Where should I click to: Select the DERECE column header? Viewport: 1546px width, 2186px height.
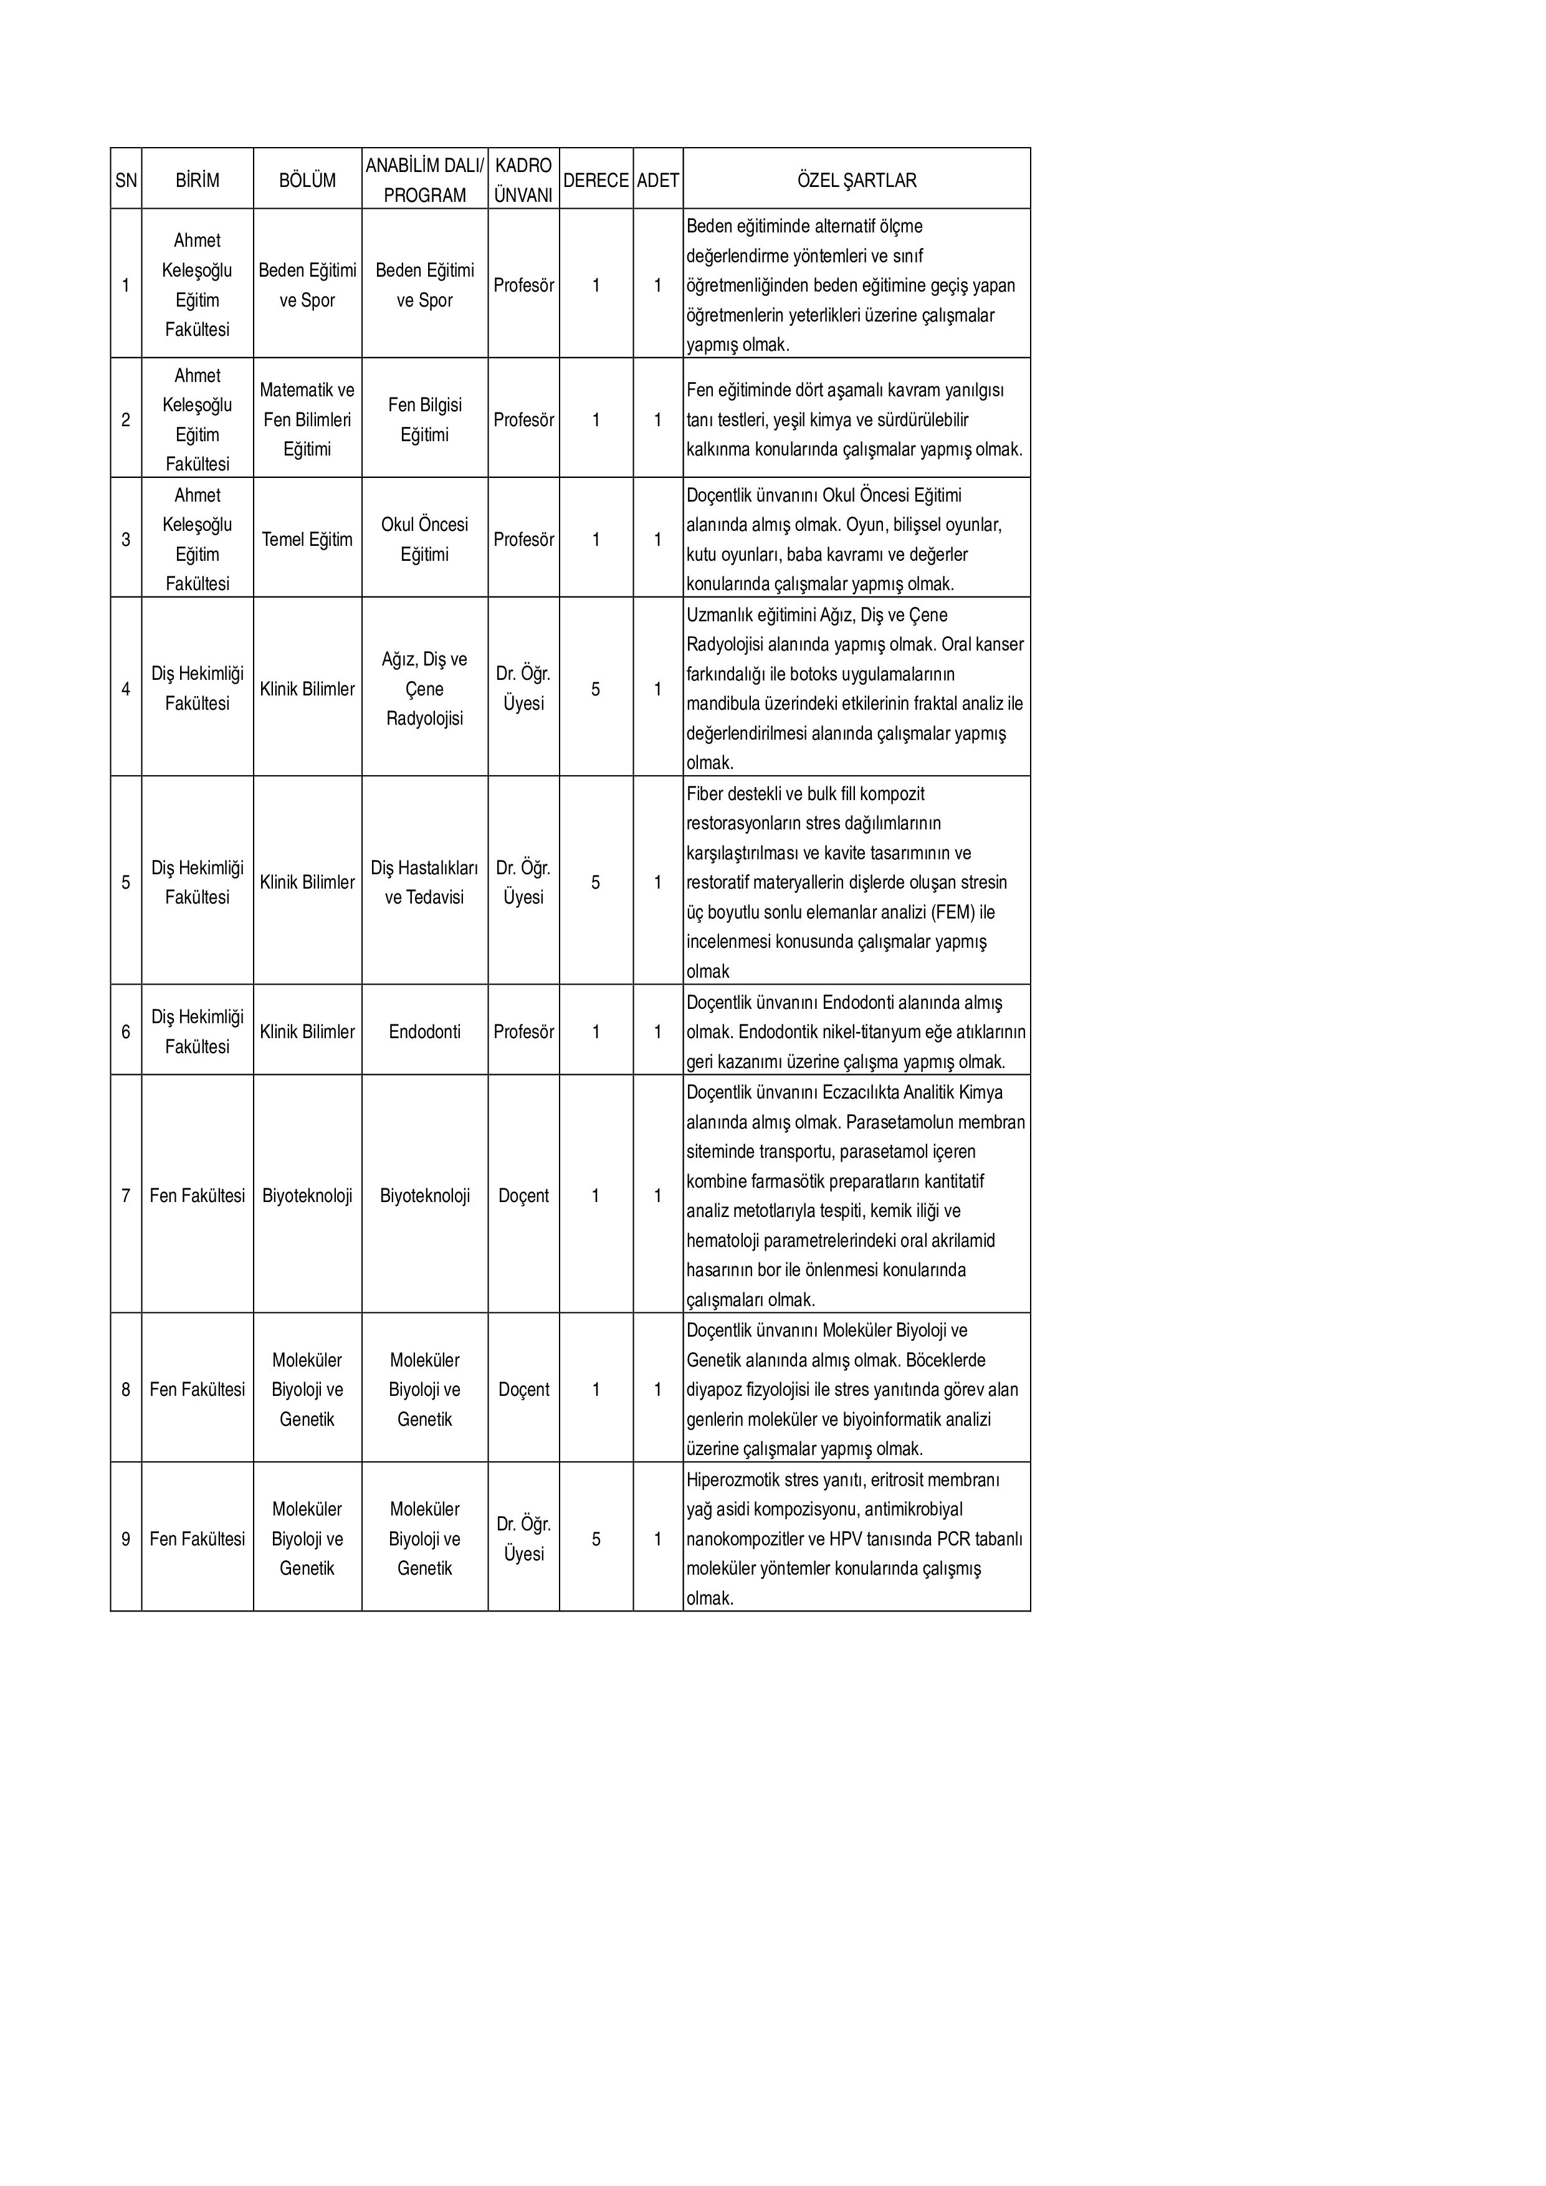[x=596, y=180]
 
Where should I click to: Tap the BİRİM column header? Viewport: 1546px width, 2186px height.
[x=197, y=180]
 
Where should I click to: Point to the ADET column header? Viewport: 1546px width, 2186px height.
[x=658, y=180]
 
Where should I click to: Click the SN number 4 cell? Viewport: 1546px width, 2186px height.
[x=126, y=689]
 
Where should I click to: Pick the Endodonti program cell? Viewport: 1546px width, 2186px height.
[x=424, y=1031]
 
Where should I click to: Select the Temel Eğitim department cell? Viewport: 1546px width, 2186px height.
[x=307, y=539]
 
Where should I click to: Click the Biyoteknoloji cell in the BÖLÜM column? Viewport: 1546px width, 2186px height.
[x=307, y=1195]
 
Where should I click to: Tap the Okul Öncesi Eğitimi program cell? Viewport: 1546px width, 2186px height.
[x=424, y=539]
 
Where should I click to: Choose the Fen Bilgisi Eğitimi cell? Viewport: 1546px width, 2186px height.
[x=424, y=419]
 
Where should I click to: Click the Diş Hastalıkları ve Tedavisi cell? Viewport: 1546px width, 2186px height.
[x=424, y=882]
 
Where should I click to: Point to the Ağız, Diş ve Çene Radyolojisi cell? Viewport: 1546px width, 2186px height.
[x=424, y=689]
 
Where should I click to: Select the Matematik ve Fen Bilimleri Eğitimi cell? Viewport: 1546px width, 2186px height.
[x=307, y=419]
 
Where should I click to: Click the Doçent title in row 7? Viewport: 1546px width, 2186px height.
[x=523, y=1195]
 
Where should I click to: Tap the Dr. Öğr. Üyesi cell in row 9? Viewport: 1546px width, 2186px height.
[x=523, y=1539]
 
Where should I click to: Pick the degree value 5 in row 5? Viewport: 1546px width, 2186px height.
[x=596, y=882]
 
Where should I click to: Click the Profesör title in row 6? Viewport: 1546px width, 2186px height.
[x=523, y=1031]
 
